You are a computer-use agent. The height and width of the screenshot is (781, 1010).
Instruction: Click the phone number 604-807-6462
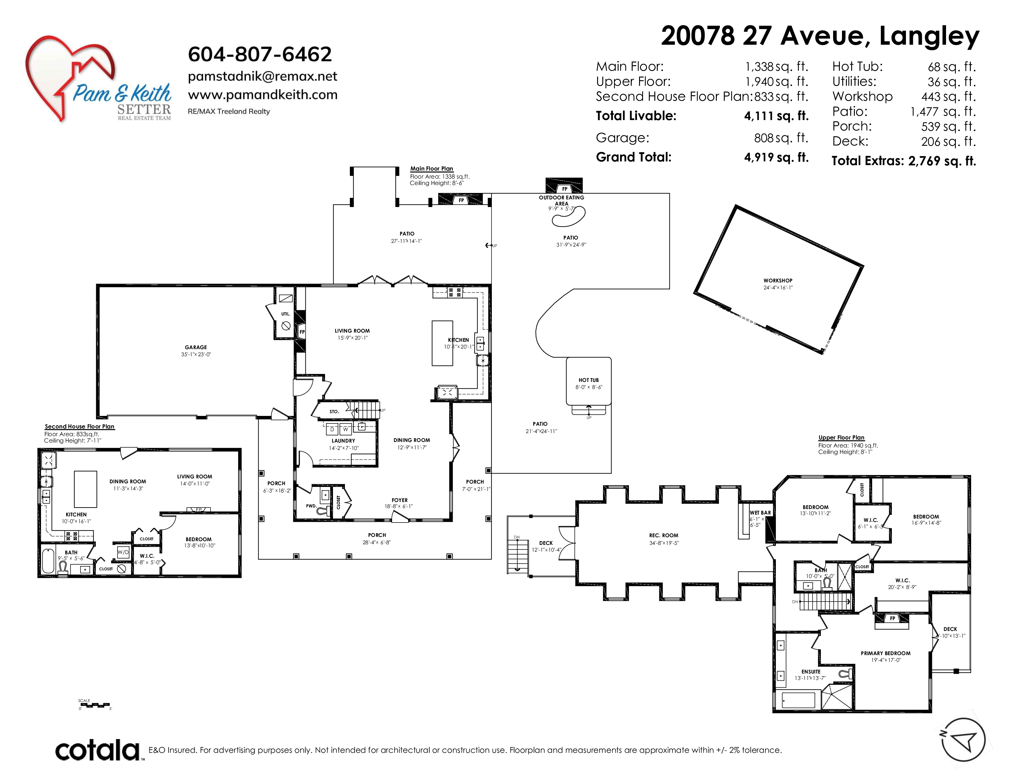pos(260,54)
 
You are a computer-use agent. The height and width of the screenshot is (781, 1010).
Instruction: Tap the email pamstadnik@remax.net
pos(263,76)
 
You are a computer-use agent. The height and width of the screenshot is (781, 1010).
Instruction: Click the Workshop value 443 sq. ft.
pos(948,97)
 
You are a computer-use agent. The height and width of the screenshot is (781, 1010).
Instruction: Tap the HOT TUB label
pos(589,380)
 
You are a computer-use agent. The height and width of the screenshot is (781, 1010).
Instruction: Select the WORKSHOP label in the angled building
pos(778,280)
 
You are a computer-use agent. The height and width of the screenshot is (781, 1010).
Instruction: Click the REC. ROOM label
pos(664,535)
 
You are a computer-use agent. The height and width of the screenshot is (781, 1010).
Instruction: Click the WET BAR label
pos(760,513)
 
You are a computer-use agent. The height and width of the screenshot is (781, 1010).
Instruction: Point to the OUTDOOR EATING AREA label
pos(561,200)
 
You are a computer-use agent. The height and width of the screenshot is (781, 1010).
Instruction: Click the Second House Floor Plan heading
pos(80,427)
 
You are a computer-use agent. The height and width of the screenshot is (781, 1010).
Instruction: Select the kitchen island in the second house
pos(86,489)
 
